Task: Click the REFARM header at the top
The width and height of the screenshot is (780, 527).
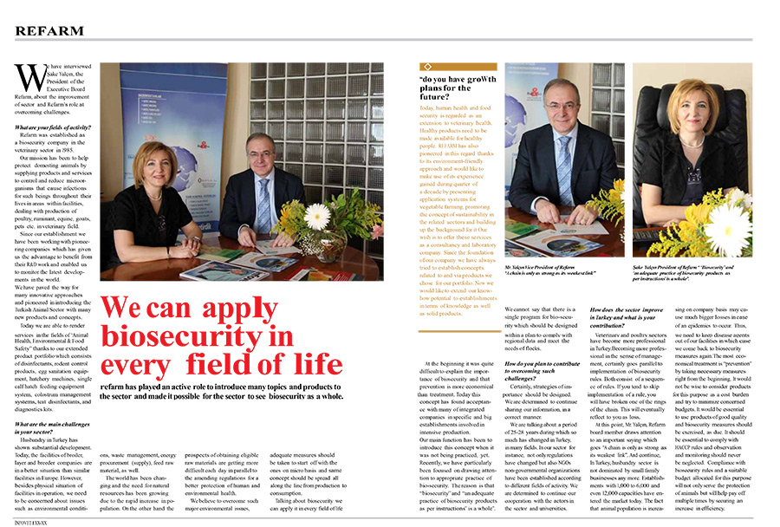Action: click(49, 30)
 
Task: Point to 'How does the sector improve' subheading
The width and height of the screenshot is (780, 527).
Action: click(627, 309)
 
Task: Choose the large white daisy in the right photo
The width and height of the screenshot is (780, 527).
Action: click(731, 229)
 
